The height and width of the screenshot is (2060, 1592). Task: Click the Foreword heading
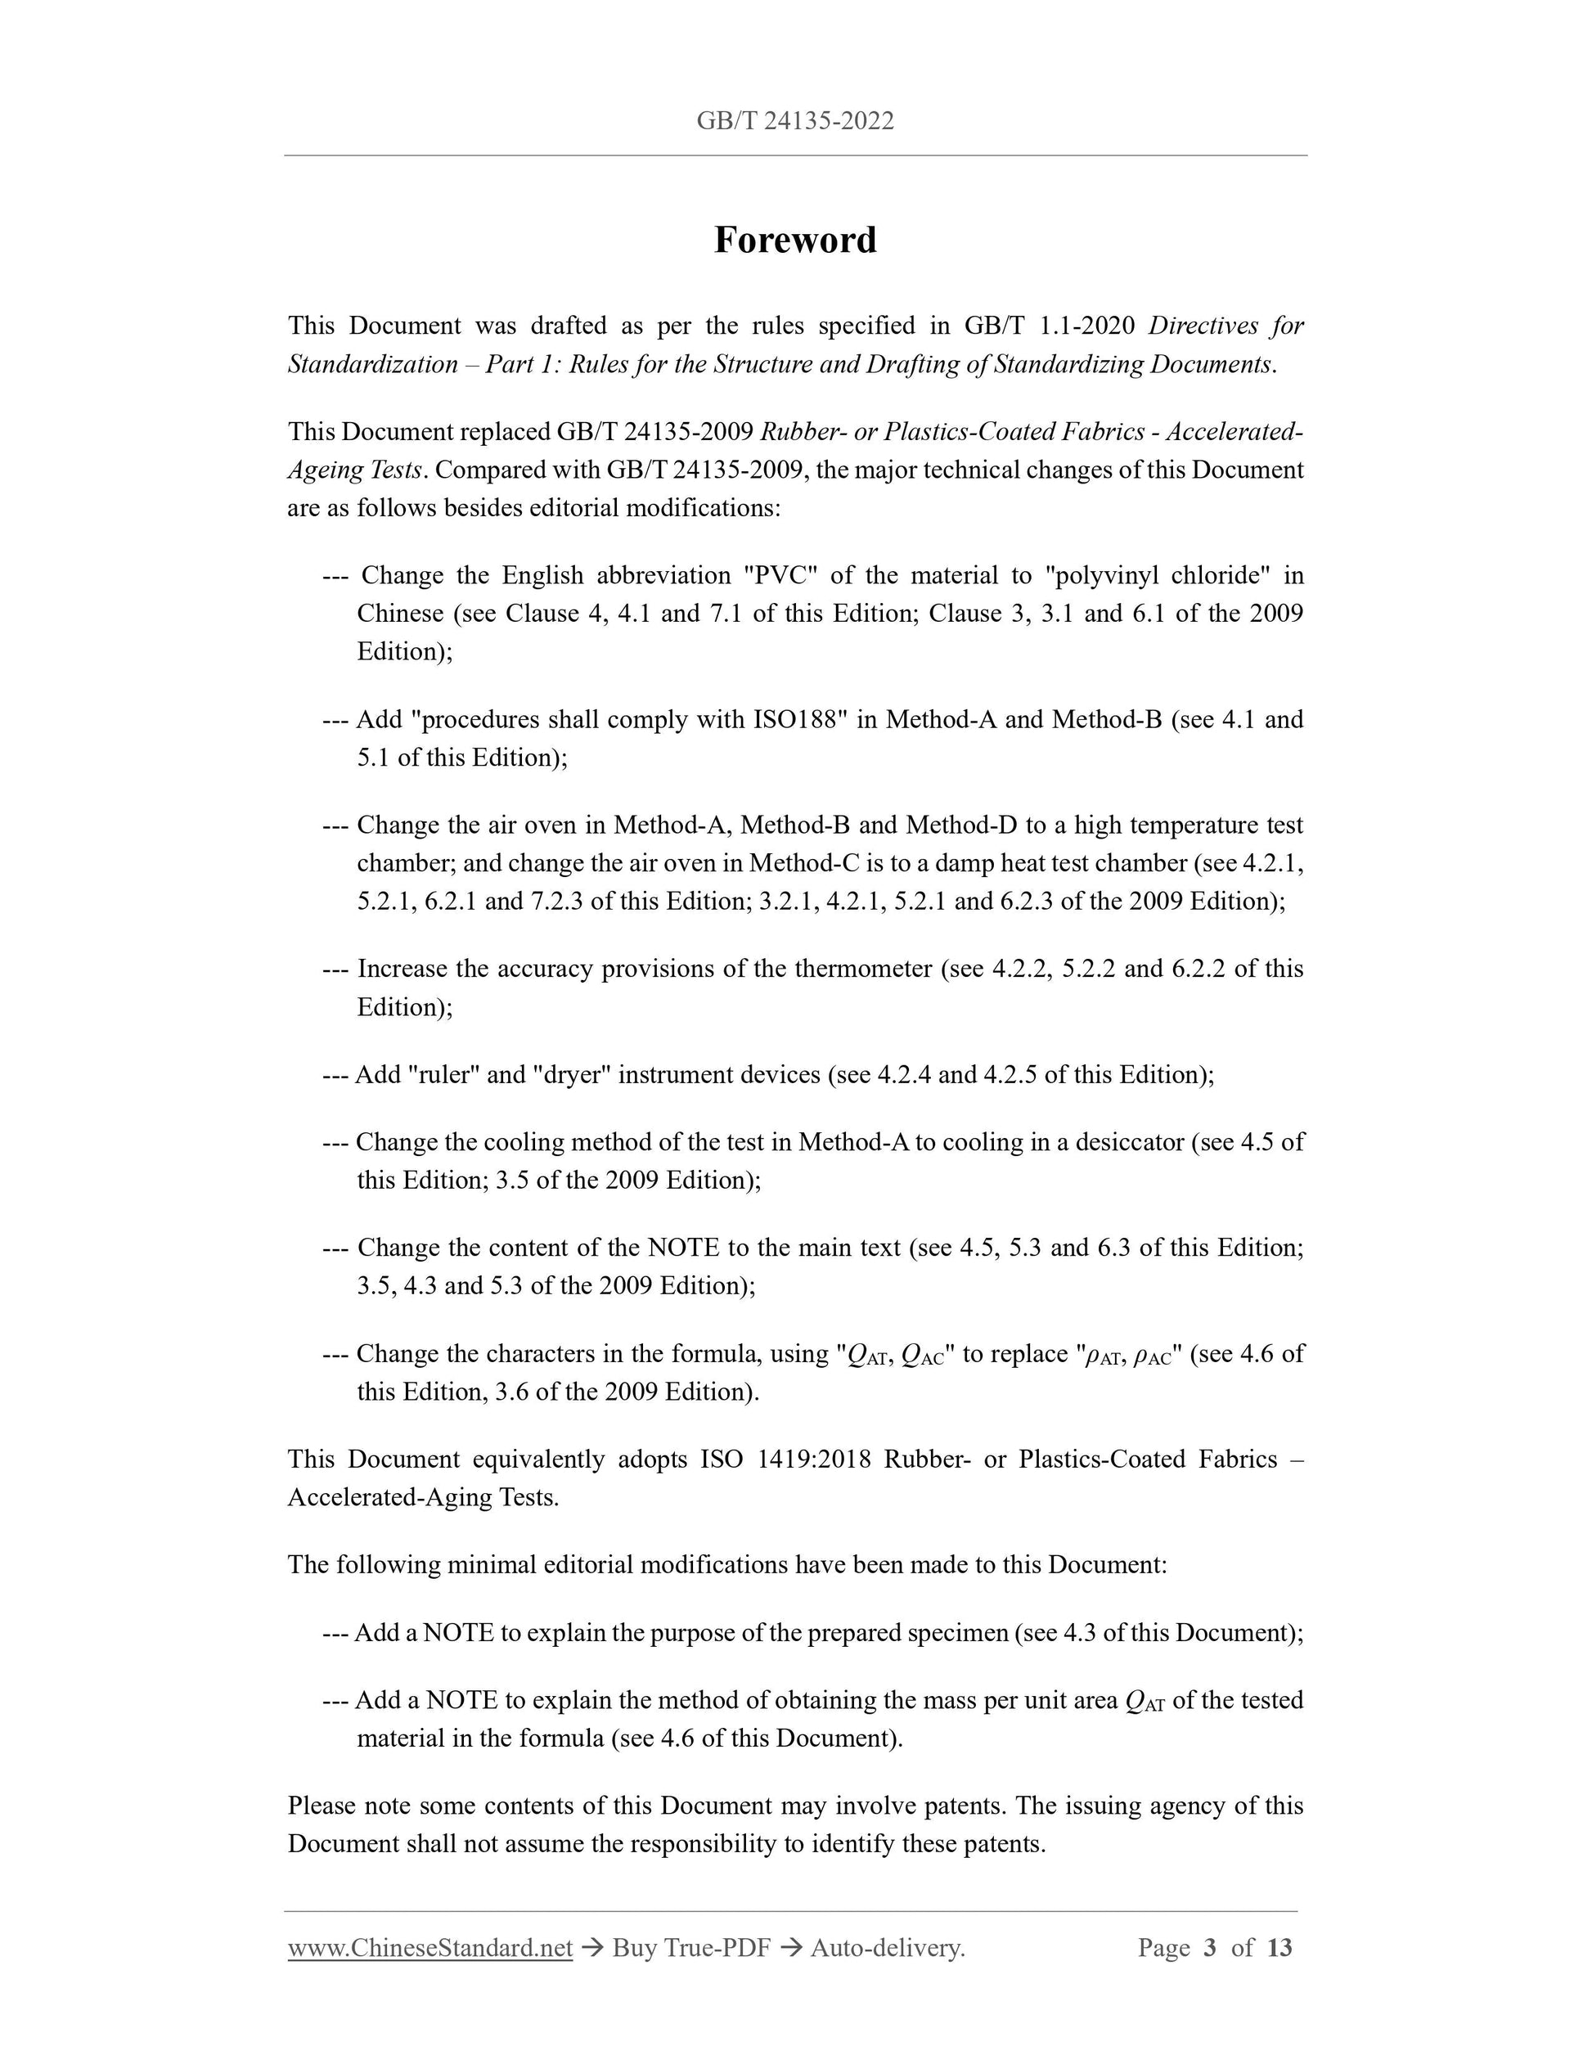pos(795,241)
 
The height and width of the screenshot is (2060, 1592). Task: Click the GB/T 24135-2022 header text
pos(795,121)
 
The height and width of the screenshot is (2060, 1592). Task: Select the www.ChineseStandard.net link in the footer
pos(430,1947)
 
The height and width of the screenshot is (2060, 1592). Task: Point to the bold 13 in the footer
pos(1279,1947)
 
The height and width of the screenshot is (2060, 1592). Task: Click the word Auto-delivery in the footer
pos(887,1947)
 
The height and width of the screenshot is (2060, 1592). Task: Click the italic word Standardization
pos(372,364)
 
